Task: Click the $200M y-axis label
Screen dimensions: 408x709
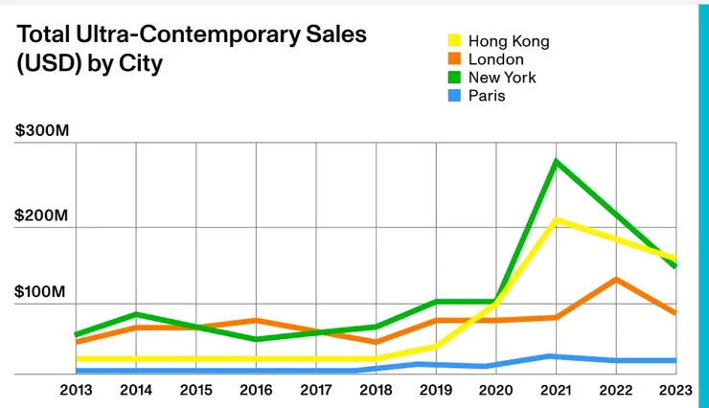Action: pyautogui.click(x=42, y=215)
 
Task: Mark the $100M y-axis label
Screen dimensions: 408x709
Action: pyautogui.click(x=42, y=291)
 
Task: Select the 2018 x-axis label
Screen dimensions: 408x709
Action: pyautogui.click(x=376, y=391)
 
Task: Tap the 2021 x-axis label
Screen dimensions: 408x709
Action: pyautogui.click(x=556, y=391)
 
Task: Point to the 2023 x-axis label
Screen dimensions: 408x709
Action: pyautogui.click(x=675, y=391)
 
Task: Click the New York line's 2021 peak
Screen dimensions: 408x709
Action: pyautogui.click(x=556, y=161)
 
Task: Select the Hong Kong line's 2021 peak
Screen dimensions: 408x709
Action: pyautogui.click(x=556, y=220)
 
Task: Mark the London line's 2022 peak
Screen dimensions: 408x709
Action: pyautogui.click(x=615, y=280)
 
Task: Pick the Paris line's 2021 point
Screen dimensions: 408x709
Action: pyautogui.click(x=556, y=356)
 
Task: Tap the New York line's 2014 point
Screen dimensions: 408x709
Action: pyautogui.click(x=137, y=314)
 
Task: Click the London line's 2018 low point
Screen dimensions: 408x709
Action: pyautogui.click(x=376, y=342)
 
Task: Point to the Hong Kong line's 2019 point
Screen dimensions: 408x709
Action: pyautogui.click(x=436, y=345)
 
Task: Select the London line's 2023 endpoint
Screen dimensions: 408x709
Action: pyautogui.click(x=675, y=313)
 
